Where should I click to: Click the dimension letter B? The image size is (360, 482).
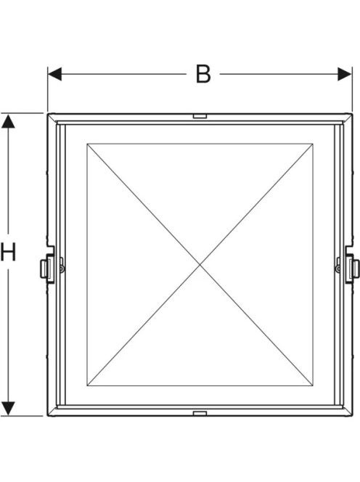pyautogui.click(x=203, y=74)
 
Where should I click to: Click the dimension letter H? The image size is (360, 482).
pyautogui.click(x=8, y=252)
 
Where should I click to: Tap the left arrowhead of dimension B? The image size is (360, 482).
pyautogui.click(x=54, y=74)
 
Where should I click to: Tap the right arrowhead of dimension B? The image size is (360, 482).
pyautogui.click(x=345, y=74)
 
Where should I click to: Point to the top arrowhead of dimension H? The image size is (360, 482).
pyautogui.click(x=8, y=121)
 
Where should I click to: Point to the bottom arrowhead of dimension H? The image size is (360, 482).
pyautogui.click(x=8, y=409)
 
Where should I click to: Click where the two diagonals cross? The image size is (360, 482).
pyautogui.click(x=200, y=265)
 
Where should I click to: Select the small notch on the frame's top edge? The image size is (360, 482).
pyautogui.click(x=200, y=116)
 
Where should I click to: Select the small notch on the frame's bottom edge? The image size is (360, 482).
pyautogui.click(x=200, y=413)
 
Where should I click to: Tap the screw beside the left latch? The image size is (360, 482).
pyautogui.click(x=62, y=269)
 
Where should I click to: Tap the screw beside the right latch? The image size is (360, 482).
pyautogui.click(x=338, y=269)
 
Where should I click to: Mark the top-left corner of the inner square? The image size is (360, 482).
pyautogui.click(x=87, y=144)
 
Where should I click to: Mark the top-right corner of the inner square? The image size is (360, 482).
pyautogui.click(x=313, y=144)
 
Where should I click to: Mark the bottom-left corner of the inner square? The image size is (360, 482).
pyautogui.click(x=87, y=385)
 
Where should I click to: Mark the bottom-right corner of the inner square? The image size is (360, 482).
pyautogui.click(x=313, y=385)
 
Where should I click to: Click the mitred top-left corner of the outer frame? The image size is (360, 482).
pyautogui.click(x=52, y=118)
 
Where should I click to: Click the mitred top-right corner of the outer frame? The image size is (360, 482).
pyautogui.click(x=348, y=118)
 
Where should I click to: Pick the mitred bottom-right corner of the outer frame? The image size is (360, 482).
pyautogui.click(x=348, y=411)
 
